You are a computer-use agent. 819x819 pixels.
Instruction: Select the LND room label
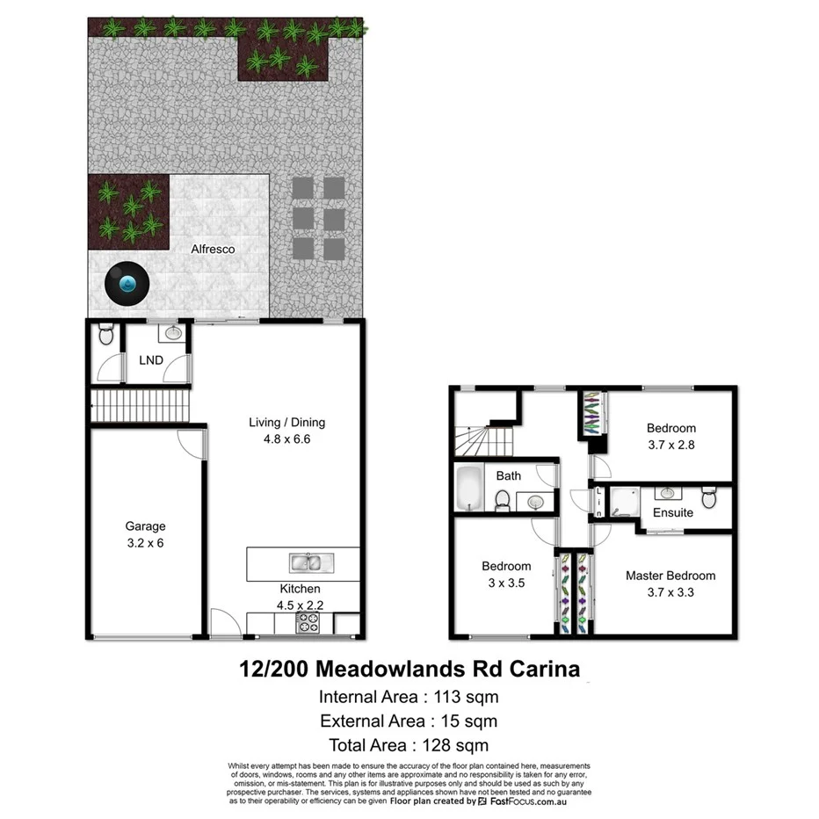pyautogui.click(x=152, y=359)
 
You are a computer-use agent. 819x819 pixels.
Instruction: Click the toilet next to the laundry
pyautogui.click(x=105, y=335)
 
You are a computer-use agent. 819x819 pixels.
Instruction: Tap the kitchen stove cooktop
pyautogui.click(x=309, y=623)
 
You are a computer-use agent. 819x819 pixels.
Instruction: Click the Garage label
pyautogui.click(x=145, y=526)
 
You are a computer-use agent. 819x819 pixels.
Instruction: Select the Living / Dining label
pyautogui.click(x=287, y=423)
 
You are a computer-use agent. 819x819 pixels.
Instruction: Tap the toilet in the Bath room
pyautogui.click(x=504, y=500)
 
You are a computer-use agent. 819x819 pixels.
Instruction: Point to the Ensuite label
pyautogui.click(x=672, y=512)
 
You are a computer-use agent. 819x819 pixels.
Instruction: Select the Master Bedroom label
pyautogui.click(x=670, y=576)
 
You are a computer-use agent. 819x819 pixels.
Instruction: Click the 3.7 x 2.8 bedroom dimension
pyautogui.click(x=670, y=445)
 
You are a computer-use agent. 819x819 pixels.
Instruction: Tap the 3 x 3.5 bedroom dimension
pyautogui.click(x=505, y=582)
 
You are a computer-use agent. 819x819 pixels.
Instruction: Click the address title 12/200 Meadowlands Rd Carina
pyautogui.click(x=409, y=669)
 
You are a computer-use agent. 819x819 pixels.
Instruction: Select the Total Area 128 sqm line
pyautogui.click(x=409, y=746)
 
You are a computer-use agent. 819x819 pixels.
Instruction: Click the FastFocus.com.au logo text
pyautogui.click(x=526, y=801)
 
